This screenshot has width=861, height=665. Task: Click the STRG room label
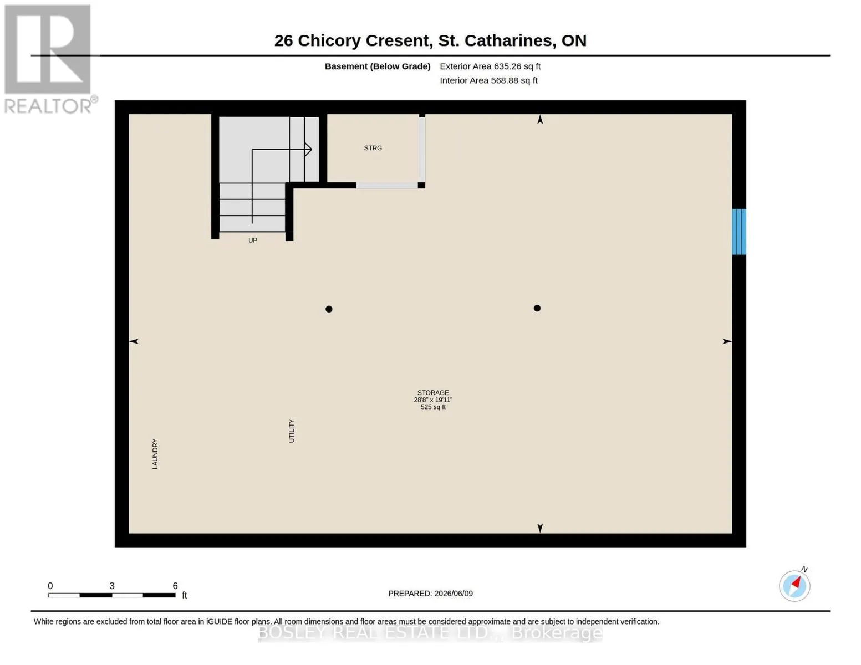coord(373,148)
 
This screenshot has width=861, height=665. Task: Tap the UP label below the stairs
coord(252,240)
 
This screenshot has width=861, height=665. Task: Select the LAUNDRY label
coord(155,454)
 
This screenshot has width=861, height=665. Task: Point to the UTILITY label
coord(291,431)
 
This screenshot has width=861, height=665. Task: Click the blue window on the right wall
coord(739,232)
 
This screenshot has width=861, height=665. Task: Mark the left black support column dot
coord(329,309)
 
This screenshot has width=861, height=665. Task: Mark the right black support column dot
coord(537,308)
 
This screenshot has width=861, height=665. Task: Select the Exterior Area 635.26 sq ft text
coord(490,66)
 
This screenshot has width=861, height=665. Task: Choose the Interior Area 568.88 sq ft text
coord(488,80)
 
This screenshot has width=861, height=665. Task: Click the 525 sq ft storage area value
coord(433,407)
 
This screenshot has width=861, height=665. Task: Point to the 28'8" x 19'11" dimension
coord(433,400)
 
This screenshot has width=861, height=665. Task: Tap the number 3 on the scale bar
coord(112,586)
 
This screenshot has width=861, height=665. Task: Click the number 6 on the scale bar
coord(175,586)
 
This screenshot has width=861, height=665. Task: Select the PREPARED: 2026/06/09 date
coord(430,594)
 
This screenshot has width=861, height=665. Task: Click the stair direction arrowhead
coord(308,149)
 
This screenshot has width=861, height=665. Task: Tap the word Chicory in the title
coord(329,41)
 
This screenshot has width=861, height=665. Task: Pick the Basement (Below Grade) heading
coord(378,66)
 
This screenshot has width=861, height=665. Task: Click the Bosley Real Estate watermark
coord(430,633)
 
